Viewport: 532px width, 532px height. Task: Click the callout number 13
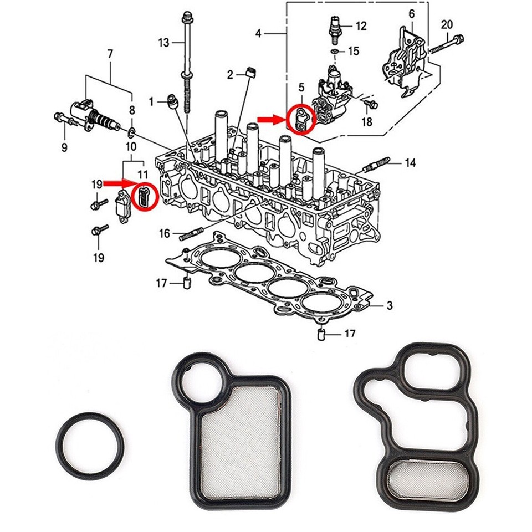click(162, 42)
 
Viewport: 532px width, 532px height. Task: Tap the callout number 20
click(447, 24)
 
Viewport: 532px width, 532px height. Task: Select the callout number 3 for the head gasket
click(390, 305)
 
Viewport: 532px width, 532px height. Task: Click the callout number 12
click(361, 25)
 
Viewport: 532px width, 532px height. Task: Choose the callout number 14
click(410, 163)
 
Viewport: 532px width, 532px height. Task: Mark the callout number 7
click(110, 54)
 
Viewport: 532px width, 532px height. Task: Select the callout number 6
click(411, 13)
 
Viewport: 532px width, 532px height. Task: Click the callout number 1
click(150, 101)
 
